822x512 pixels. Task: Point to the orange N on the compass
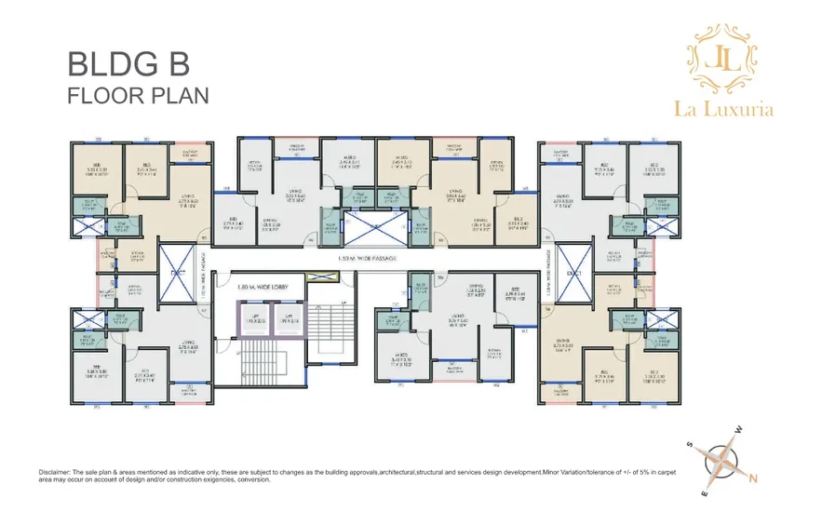pos(753,479)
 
